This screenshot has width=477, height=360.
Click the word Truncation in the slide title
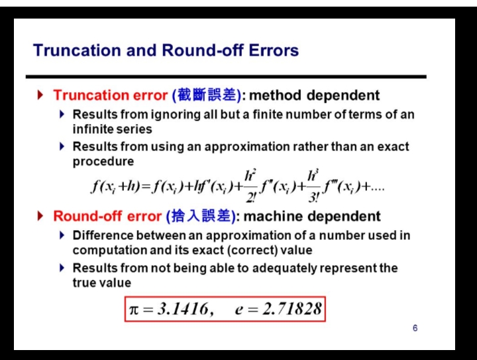click(x=77, y=50)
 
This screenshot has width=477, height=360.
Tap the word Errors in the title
click(x=274, y=50)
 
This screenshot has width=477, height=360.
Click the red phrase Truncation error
click(x=111, y=95)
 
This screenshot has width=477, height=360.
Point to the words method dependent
click(x=314, y=95)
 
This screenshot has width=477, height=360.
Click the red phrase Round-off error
click(x=107, y=216)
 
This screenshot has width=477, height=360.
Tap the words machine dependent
click(x=312, y=216)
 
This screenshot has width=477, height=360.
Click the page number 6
click(x=415, y=328)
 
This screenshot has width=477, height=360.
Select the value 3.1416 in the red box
click(x=183, y=309)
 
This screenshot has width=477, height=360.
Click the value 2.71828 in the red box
click(x=292, y=309)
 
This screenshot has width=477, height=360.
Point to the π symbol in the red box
click(x=134, y=310)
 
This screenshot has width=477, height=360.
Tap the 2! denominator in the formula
click(x=250, y=198)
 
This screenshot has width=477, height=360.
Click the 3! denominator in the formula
click(x=313, y=198)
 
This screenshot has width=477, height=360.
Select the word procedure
click(x=103, y=161)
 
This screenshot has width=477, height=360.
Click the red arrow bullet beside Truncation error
click(x=40, y=95)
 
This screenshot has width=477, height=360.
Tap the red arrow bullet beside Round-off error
click(x=40, y=215)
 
